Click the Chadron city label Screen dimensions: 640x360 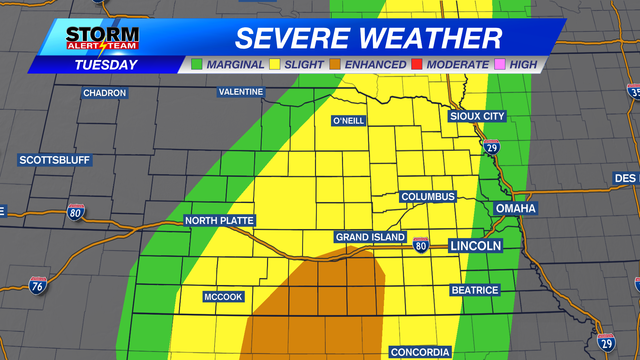click(104, 93)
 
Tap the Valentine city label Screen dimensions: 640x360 click(241, 92)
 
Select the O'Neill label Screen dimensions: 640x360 click(349, 121)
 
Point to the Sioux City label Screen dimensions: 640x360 click(477, 116)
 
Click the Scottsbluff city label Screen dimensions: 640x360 click(55, 160)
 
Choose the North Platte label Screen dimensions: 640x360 click(219, 221)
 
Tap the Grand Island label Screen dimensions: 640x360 click(370, 237)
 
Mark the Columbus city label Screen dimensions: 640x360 click(428, 197)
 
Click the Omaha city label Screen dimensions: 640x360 click(515, 208)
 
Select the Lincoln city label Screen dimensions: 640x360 click(476, 246)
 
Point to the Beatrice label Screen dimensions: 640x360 click(475, 290)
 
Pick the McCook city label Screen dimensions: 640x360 click(223, 297)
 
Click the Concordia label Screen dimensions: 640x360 click(420, 352)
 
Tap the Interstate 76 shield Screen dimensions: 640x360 click(38, 286)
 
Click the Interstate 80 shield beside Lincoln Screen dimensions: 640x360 click(421, 245)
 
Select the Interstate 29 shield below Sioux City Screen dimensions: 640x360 click(492, 147)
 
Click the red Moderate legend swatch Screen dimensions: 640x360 click(417, 64)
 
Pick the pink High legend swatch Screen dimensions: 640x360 click(500, 64)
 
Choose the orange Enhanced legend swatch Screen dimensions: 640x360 click(335, 64)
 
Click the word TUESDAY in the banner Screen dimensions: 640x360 click(106, 65)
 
